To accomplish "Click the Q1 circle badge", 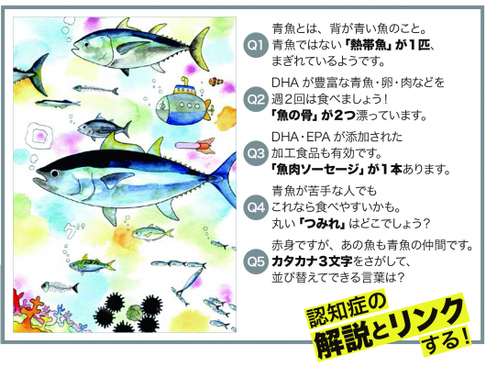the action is click(256, 46).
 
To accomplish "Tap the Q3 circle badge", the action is click(256, 153).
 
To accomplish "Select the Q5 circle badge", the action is click(256, 261).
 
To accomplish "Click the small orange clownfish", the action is click(215, 82).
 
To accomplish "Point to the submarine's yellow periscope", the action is click(184, 82).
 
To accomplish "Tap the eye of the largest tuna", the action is click(54, 173).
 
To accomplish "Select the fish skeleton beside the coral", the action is click(60, 286).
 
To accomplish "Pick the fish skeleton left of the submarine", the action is click(95, 90).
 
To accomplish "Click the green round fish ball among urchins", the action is click(134, 312).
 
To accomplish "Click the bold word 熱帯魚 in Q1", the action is click(367, 46).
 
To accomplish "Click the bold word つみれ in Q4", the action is click(324, 223).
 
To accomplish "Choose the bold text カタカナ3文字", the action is click(312, 261).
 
